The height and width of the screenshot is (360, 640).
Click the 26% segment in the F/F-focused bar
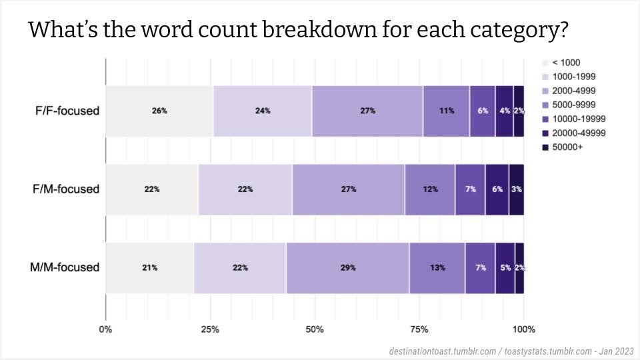pyautogui.click(x=159, y=111)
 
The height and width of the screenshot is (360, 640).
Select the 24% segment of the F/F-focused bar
pyautogui.click(x=263, y=111)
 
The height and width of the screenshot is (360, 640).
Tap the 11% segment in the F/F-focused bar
pyautogui.click(x=446, y=111)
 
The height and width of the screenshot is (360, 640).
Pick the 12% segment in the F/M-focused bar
pyautogui.click(x=430, y=189)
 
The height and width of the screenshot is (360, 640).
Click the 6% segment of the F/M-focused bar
pyautogui.click(x=497, y=189)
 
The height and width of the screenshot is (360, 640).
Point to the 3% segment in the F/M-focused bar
pyautogui.click(x=517, y=189)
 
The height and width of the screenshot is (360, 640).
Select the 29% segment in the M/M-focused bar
pyautogui.click(x=347, y=267)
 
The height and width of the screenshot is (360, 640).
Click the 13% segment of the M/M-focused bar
pyautogui.click(x=437, y=267)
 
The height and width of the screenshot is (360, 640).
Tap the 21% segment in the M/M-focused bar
pyautogui.click(x=149, y=267)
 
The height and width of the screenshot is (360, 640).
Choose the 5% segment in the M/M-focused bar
pyautogui.click(x=505, y=267)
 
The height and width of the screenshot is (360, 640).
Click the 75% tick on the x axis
pyautogui.click(x=419, y=329)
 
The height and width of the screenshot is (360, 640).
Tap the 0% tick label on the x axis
pyautogui.click(x=105, y=329)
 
